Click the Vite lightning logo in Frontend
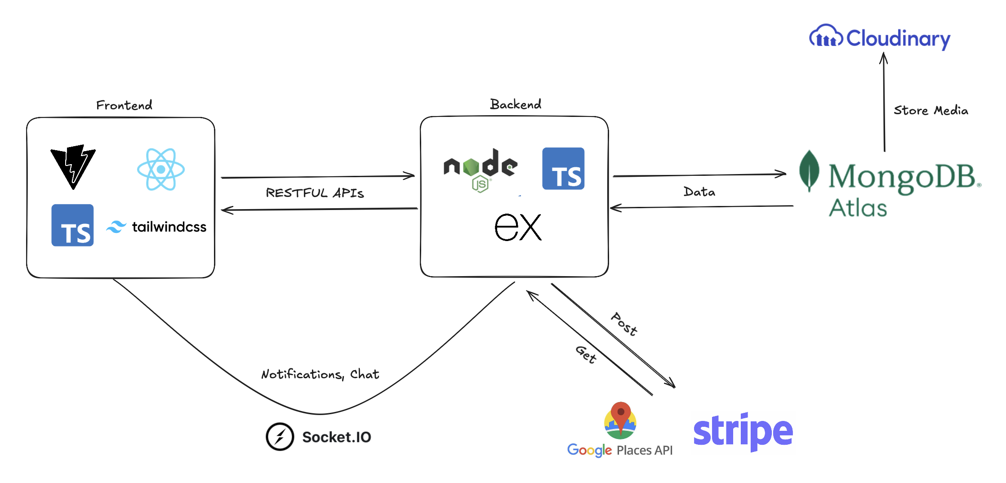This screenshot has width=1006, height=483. point(73,166)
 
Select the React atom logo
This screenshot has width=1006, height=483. point(161,170)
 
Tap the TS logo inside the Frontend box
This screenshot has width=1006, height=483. point(72,225)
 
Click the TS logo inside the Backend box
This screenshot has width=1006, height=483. point(563,169)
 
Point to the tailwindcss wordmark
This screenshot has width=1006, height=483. point(169,227)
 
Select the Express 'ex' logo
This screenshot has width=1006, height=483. point(518,227)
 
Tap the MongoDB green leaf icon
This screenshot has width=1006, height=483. point(809,171)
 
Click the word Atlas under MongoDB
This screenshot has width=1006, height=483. point(858,208)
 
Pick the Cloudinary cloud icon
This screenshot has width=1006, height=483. point(826,36)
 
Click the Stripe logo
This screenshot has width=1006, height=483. point(743,431)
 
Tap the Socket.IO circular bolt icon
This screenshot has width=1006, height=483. point(280,437)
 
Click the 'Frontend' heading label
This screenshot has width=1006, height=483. point(124,105)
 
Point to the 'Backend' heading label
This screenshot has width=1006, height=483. point(516,104)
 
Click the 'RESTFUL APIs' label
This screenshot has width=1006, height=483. point(315,193)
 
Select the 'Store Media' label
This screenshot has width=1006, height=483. point(930,110)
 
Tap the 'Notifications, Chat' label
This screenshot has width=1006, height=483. point(320,374)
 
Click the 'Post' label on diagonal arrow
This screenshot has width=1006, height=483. point(624,324)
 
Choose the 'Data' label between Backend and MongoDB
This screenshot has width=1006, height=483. point(699,192)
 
